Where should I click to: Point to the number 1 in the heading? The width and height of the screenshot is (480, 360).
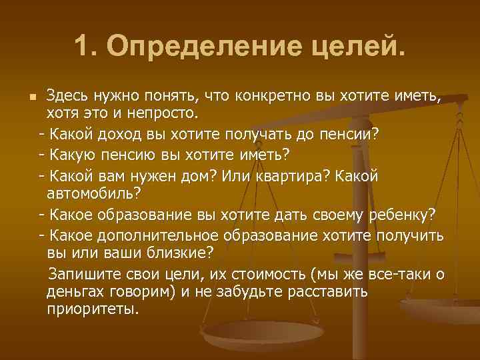coord(81,46)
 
